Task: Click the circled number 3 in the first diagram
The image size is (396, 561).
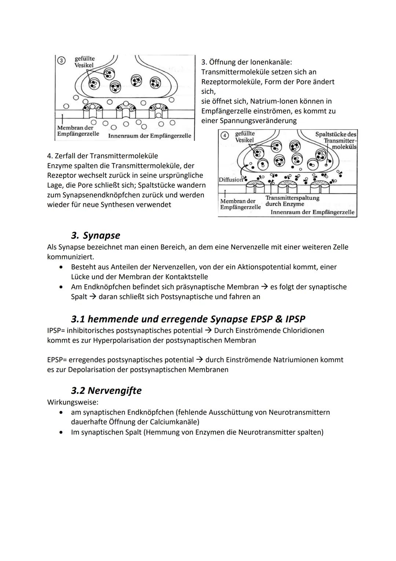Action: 62,61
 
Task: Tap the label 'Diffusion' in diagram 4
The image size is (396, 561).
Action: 231,180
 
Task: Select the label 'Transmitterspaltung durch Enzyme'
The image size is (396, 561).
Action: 292,201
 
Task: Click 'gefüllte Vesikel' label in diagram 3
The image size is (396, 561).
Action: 84,62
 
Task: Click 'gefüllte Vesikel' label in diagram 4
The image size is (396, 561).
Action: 245,137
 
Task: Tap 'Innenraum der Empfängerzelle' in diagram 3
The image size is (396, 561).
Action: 150,136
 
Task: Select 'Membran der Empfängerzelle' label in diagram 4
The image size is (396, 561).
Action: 240,204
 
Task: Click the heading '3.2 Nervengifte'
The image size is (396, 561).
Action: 106,390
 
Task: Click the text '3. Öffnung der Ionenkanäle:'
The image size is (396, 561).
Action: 246,62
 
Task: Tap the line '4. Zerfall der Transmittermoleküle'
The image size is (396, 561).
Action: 103,156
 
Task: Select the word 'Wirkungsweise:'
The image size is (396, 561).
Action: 73,402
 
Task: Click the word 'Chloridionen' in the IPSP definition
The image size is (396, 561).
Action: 303,330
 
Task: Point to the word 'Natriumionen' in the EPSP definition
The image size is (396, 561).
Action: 295,360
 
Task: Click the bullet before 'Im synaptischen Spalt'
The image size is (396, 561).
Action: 62,432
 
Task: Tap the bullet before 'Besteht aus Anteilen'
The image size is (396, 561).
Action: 62,267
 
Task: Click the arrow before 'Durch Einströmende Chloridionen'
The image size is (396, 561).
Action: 209,330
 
